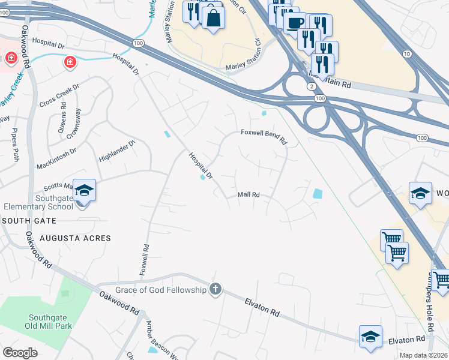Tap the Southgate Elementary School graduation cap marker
84,191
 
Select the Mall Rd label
248,194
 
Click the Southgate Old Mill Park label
50,322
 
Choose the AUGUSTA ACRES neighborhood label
75,238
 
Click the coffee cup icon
294,23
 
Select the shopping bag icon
213,17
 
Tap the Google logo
20,353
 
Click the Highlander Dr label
116,151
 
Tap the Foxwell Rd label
143,260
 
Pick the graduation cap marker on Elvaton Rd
370,337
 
